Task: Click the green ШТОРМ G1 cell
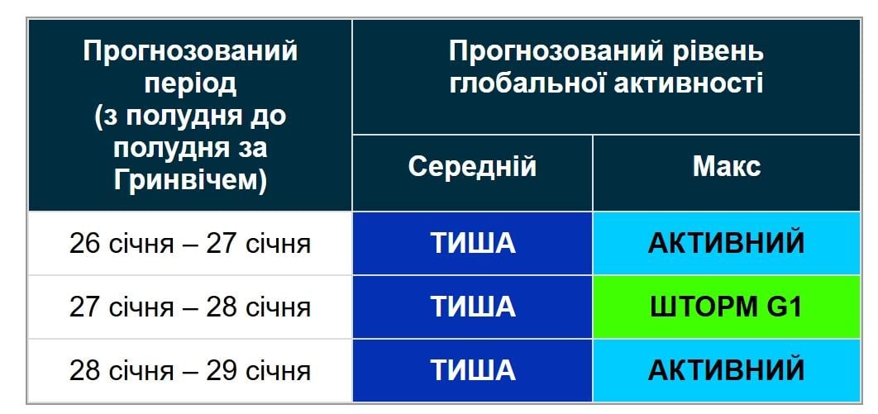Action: tap(726, 307)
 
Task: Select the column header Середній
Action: tap(472, 167)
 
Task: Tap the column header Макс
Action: tap(726, 167)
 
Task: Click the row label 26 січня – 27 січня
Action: tap(190, 245)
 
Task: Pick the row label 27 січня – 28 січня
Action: tap(190, 307)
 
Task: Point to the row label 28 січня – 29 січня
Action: tap(190, 370)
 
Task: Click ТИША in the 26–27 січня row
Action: tap(472, 244)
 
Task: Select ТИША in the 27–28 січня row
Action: tap(472, 307)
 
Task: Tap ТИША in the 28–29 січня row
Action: tap(472, 370)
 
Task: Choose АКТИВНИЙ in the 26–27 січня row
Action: tap(726, 244)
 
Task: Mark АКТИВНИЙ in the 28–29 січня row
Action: tap(726, 370)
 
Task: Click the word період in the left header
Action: tap(190, 83)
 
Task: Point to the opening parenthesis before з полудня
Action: tap(99, 117)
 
